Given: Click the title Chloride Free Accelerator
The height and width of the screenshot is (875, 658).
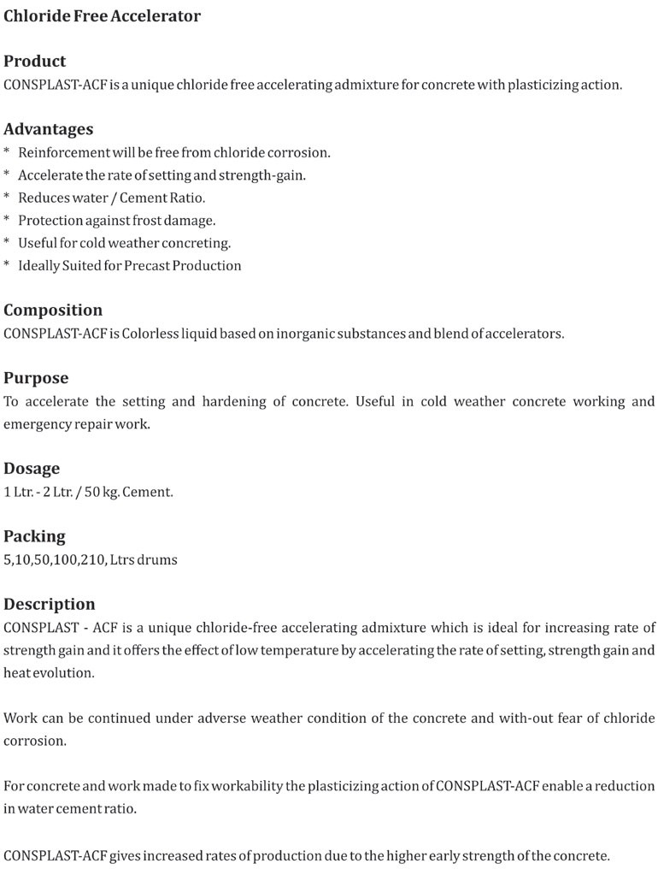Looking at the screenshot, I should tap(102, 16).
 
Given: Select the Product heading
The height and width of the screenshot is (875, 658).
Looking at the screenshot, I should tap(34, 61).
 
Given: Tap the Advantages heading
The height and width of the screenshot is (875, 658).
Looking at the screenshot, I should tap(48, 129).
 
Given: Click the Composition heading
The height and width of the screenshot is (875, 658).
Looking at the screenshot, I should tap(53, 310).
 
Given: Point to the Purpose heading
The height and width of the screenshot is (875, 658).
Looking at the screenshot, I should tap(36, 377).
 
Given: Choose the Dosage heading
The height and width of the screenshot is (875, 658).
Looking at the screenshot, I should tap(32, 468).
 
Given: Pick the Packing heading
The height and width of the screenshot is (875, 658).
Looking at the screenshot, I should tap(34, 536).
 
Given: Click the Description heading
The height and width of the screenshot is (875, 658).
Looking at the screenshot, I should tap(50, 604).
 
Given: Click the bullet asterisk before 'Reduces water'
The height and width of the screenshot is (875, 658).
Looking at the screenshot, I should tap(7, 198).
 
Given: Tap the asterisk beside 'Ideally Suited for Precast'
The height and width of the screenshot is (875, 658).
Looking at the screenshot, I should tap(7, 266).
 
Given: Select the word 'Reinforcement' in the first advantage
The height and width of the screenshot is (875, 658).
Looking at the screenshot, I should tap(64, 152).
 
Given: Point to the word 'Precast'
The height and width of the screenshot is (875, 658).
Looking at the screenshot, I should tap(146, 266).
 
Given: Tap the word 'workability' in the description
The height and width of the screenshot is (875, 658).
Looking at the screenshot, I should tap(246, 786).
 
